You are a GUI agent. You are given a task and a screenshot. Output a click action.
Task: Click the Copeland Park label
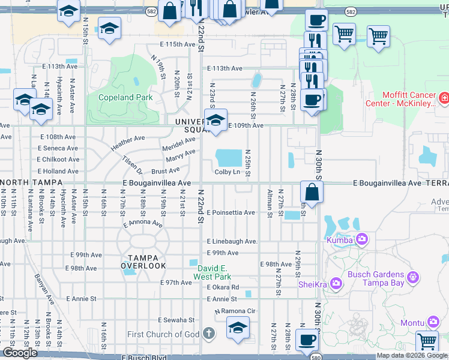[x=125, y=97]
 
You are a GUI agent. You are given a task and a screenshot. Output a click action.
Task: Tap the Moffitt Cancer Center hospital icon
[x=444, y=97]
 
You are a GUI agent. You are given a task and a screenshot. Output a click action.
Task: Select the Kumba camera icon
[x=362, y=240]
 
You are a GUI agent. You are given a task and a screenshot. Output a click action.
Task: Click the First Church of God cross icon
[x=208, y=334]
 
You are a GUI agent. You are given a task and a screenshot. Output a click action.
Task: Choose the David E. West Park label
[x=212, y=272]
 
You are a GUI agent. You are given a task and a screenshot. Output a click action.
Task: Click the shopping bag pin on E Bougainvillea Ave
[x=312, y=193]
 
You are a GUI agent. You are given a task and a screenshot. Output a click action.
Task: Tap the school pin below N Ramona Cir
[x=238, y=328]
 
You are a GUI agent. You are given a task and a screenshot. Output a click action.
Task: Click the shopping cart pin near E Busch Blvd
[x=427, y=341]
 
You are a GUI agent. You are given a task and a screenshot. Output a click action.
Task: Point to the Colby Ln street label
[x=228, y=172]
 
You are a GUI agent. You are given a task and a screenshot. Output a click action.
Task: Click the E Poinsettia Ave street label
[x=231, y=212]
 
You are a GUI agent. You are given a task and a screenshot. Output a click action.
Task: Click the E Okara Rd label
[x=223, y=287]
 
